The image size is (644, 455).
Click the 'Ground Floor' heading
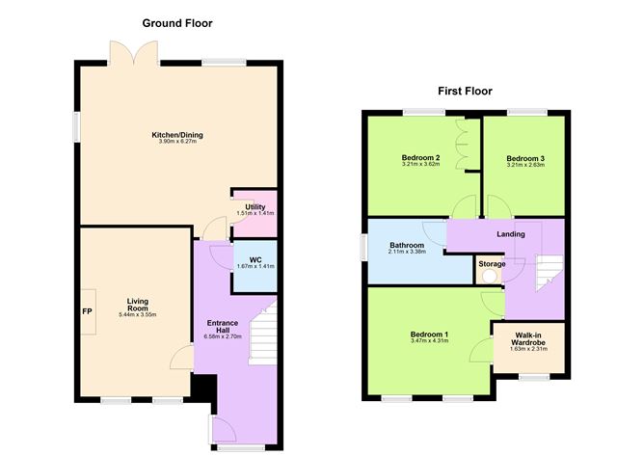177,22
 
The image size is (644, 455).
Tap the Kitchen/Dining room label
176,135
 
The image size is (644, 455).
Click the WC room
255,264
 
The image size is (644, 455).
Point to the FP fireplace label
86,311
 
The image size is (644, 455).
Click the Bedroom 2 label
420,158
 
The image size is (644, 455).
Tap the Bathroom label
406,246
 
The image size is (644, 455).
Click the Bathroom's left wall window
363,247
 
